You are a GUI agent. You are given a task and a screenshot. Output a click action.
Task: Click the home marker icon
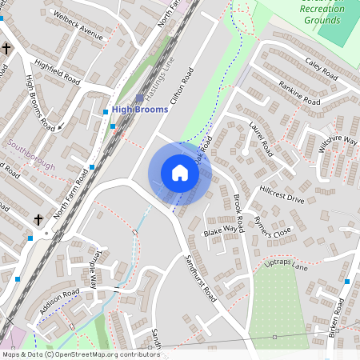point(180,173)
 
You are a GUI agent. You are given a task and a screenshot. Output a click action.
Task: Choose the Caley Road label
point(322,66)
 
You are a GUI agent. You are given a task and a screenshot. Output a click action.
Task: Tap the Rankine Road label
point(299,94)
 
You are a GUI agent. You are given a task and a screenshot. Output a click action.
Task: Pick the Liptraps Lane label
point(285,265)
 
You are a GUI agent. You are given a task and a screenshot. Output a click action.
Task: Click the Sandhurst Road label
point(200,278)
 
